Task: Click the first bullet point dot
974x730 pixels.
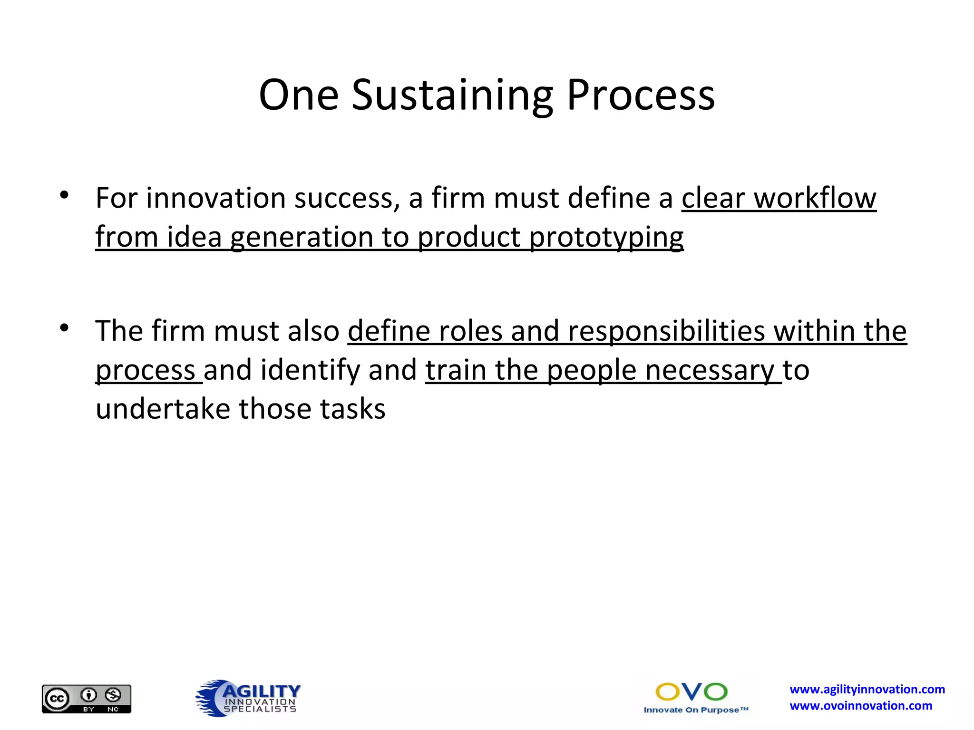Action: pyautogui.click(x=64, y=195)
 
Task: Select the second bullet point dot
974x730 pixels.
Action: pyautogui.click(x=64, y=328)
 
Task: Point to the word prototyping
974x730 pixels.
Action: pyautogui.click(x=606, y=238)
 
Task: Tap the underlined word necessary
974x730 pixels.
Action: pyautogui.click(x=710, y=371)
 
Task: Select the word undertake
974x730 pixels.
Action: pyautogui.click(x=163, y=409)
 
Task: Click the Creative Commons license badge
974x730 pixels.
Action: pyautogui.click(x=87, y=699)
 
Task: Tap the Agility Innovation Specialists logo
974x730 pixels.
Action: pyautogui.click(x=248, y=698)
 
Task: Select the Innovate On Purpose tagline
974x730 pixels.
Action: pyautogui.click(x=696, y=710)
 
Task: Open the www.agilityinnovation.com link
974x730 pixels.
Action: pyautogui.click(x=867, y=690)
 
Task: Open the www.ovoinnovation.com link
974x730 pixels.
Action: pyautogui.click(x=861, y=706)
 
